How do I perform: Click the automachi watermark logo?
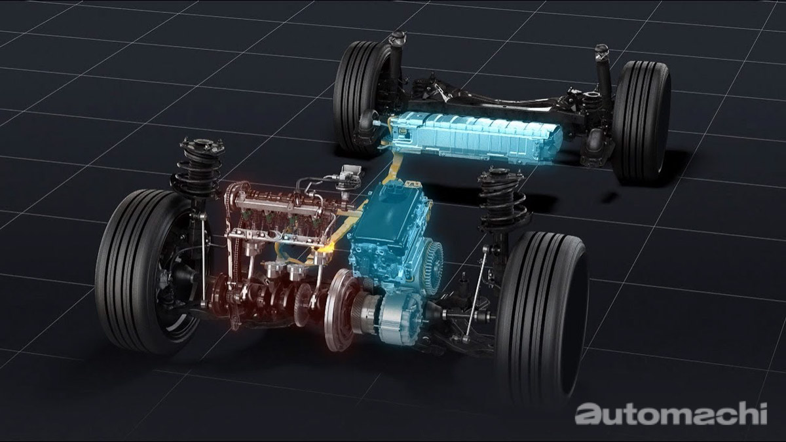(671, 413)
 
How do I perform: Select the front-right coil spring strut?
(502, 200)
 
